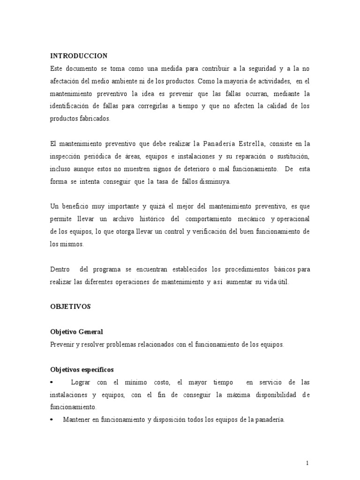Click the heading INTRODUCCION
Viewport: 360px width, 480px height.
click(x=79, y=56)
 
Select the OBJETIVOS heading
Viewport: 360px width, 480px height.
click(x=70, y=307)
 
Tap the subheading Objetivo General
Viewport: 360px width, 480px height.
click(x=76, y=332)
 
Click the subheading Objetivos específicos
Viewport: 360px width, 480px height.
click(x=82, y=369)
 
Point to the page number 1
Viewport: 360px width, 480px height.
click(x=307, y=464)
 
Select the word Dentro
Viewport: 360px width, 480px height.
click(x=60, y=270)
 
